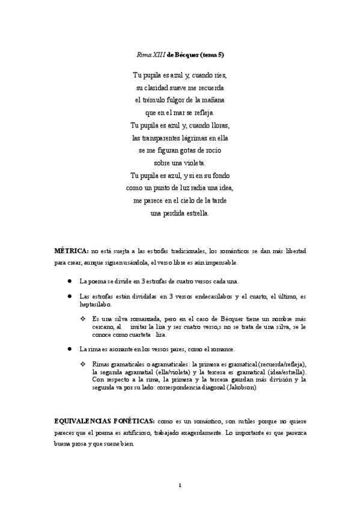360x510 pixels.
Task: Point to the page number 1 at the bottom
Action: pyautogui.click(x=180, y=484)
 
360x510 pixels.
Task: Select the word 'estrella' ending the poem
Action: pyautogui.click(x=196, y=214)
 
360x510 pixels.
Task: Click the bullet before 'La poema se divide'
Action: pyautogui.click(x=70, y=281)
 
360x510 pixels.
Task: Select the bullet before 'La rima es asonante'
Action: pyautogui.click(x=70, y=349)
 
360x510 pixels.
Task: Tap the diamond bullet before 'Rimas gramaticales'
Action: pyautogui.click(x=82, y=364)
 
